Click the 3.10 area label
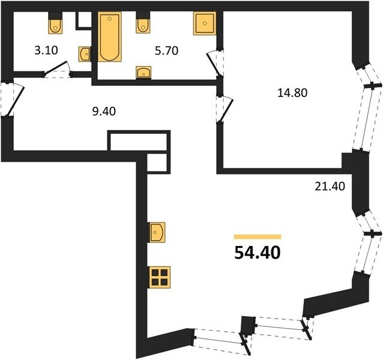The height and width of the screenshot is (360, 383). (x=46, y=50)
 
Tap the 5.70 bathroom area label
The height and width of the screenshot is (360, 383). (x=166, y=51)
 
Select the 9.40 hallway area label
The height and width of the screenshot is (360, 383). (x=104, y=111)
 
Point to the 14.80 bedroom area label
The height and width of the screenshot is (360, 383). (x=292, y=93)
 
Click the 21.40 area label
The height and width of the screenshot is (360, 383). (x=330, y=187)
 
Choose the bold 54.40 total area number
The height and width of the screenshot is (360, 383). (x=257, y=253)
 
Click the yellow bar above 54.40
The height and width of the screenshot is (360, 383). (x=258, y=236)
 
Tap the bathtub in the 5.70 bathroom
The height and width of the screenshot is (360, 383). (x=110, y=37)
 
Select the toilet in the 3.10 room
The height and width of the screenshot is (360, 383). (x=55, y=23)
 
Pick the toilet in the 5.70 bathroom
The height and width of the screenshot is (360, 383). (x=143, y=22)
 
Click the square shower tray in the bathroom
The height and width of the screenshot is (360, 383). (x=205, y=23)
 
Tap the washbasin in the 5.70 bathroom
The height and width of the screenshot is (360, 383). (x=143, y=73)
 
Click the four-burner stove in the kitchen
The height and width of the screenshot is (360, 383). (x=160, y=277)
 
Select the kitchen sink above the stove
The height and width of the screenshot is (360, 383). (x=157, y=232)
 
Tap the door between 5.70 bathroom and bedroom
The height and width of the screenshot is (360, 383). (x=216, y=63)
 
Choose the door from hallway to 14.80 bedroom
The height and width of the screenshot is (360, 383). (x=225, y=109)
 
